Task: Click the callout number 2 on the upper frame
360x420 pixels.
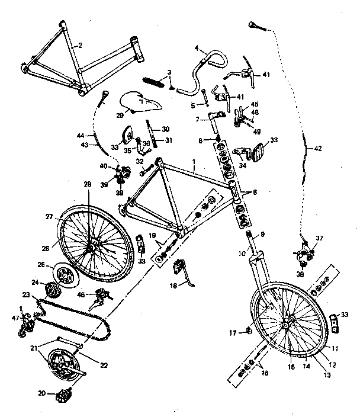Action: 81,45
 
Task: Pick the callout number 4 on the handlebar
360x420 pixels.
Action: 196,48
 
